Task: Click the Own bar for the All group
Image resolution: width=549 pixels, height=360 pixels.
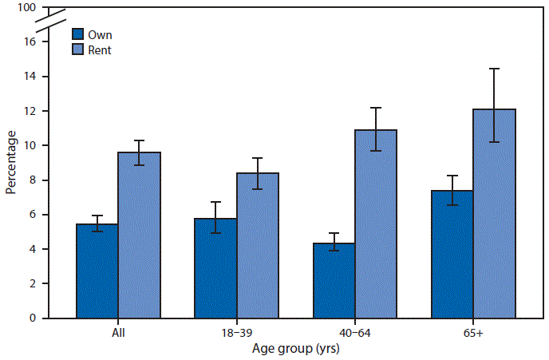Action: coord(97,271)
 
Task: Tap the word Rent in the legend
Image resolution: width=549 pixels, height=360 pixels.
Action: coord(101,50)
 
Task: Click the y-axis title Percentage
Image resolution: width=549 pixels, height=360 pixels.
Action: coord(11,164)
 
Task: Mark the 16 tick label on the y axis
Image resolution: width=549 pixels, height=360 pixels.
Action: coord(30,42)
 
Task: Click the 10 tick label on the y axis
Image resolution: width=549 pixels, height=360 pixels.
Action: coord(30,145)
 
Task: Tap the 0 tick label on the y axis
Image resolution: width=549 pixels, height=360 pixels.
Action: coord(33,318)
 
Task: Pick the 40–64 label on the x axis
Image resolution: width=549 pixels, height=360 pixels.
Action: coord(355,332)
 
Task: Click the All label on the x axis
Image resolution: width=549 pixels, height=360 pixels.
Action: coord(119,332)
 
